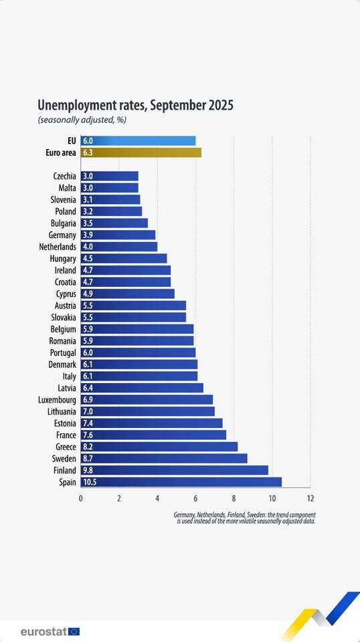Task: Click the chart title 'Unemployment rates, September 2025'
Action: tap(135, 106)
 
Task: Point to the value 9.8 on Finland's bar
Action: tap(88, 470)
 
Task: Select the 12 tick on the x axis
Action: tap(310, 498)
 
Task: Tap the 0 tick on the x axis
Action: tap(81, 498)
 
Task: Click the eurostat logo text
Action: tap(43, 631)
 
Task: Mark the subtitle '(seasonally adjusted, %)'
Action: tap(82, 120)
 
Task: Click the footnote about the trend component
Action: tap(244, 518)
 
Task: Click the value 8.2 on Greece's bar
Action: tap(88, 447)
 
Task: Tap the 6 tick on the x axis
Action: tap(195, 498)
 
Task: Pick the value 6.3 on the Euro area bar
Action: tap(88, 152)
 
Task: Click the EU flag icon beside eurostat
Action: tap(74, 631)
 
